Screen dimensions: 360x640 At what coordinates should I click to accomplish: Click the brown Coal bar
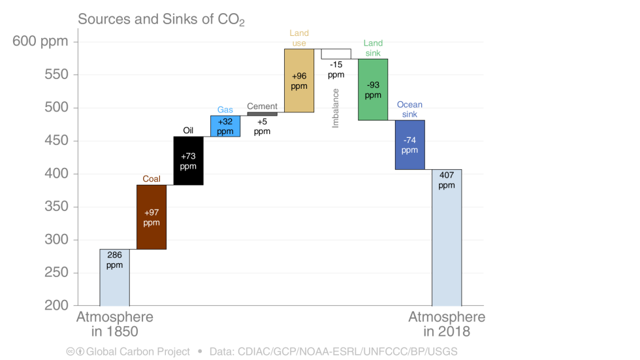pyautogui.click(x=152, y=217)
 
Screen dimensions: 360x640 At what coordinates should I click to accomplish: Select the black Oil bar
pyautogui.click(x=188, y=161)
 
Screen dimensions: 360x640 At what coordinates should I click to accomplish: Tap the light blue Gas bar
pyautogui.click(x=225, y=126)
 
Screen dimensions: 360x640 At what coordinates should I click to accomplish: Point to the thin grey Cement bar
pyautogui.click(x=262, y=114)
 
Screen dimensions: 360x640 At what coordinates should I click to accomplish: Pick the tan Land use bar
pyautogui.click(x=299, y=81)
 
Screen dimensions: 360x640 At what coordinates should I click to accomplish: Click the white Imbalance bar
pyautogui.click(x=336, y=54)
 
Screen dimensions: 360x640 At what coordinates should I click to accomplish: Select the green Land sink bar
pyautogui.click(x=373, y=90)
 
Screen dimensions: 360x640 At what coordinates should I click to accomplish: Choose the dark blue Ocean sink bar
pyautogui.click(x=409, y=144)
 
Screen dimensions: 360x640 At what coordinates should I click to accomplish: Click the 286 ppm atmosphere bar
pyautogui.click(x=114, y=277)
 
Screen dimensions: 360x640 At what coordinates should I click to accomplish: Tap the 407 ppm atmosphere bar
pyautogui.click(x=447, y=237)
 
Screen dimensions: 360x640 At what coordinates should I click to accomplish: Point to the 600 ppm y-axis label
pyautogui.click(x=40, y=41)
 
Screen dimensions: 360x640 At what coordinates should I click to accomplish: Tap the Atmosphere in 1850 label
pyautogui.click(x=115, y=324)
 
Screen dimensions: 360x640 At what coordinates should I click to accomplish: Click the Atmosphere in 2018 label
pyautogui.click(x=447, y=324)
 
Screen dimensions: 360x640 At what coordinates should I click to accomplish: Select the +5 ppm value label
pyautogui.click(x=262, y=126)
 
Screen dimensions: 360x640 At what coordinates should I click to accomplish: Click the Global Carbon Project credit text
pyautogui.click(x=138, y=352)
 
